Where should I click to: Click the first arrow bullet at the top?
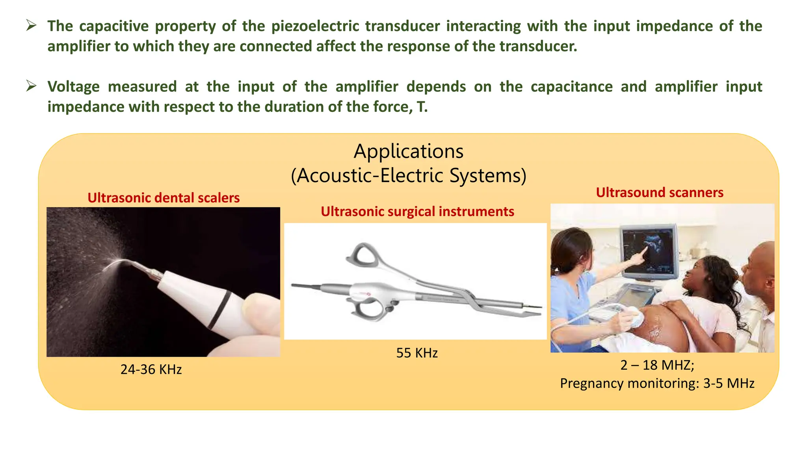31,26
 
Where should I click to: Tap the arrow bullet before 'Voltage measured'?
31,86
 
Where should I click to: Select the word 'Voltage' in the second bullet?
73,87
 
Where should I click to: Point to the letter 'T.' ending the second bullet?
422,107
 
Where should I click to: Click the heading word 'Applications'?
409,151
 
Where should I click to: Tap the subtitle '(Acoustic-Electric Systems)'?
409,175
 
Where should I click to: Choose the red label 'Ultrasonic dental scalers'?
164,197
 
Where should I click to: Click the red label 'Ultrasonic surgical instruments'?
417,212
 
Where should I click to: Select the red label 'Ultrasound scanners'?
660,192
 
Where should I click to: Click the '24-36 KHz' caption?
151,369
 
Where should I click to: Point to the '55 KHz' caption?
417,353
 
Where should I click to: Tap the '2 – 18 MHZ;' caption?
657,365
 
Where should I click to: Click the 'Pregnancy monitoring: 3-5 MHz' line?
657,383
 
